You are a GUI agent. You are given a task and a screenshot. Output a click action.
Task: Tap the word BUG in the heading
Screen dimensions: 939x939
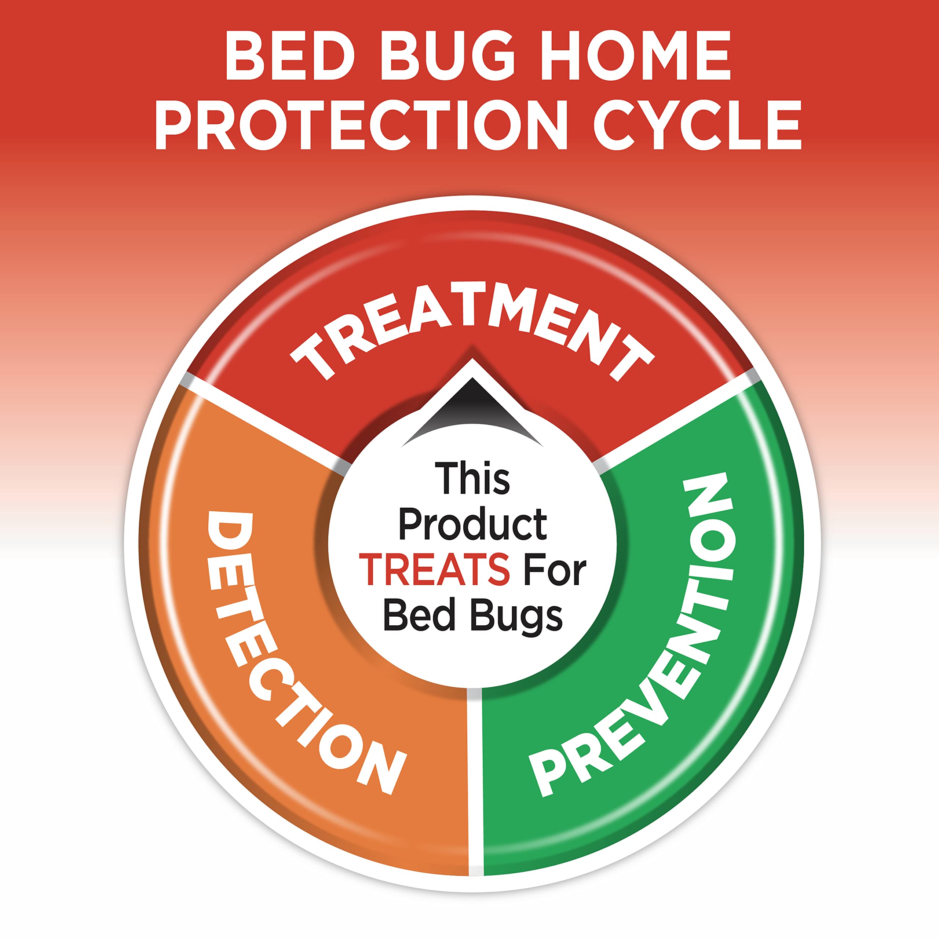447,56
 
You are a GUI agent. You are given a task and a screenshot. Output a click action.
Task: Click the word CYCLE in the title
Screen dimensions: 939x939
697,125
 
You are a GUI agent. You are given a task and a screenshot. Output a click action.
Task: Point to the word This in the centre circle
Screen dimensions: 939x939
472,479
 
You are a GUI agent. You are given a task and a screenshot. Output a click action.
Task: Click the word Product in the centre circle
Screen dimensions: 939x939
472,525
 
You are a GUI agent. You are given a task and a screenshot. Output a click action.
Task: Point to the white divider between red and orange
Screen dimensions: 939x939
263,418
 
